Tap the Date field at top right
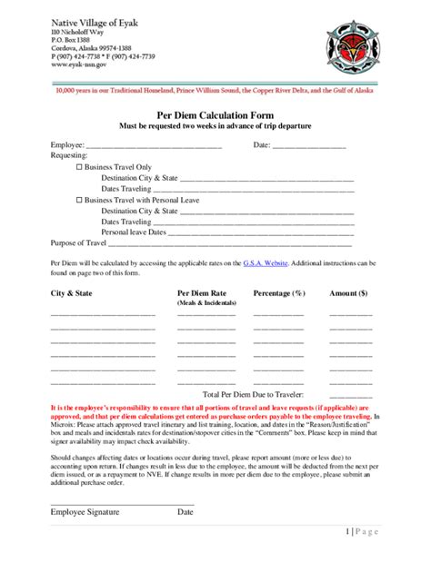pos(309,145)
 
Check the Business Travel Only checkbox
pos(79,168)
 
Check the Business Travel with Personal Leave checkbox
pos(79,200)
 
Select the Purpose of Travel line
pos(231,243)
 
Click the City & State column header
pos(71,293)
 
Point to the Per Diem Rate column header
pos(202,293)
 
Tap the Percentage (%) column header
pos(278,293)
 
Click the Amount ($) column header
pos(349,293)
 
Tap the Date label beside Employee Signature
pos(185,512)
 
